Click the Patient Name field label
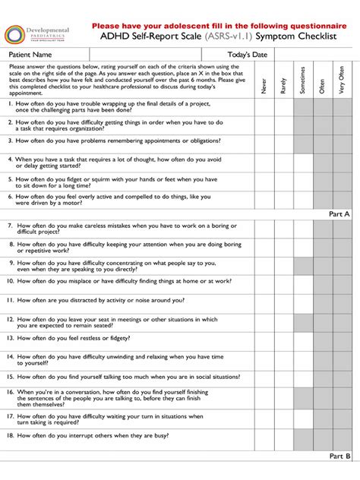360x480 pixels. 30,55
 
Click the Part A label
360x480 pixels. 339,214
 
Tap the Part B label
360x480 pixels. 339,456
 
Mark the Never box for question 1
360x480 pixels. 264,106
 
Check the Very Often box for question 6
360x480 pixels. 342,199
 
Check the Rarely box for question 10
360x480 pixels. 283,283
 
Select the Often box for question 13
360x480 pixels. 322,339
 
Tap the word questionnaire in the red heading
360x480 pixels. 303,25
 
